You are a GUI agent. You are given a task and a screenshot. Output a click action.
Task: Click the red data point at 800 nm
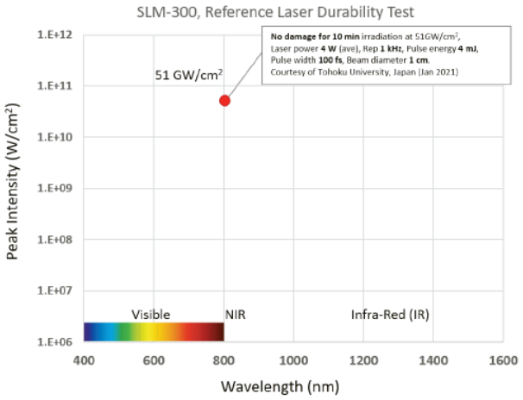pos(224,101)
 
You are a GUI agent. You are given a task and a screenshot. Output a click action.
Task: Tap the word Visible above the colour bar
pos(151,315)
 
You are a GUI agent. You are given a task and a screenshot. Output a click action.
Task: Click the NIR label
pos(236,315)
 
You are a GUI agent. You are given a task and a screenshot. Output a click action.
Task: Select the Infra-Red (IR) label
pos(390,315)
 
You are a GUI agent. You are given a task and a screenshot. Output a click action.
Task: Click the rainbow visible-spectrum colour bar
pos(154,332)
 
